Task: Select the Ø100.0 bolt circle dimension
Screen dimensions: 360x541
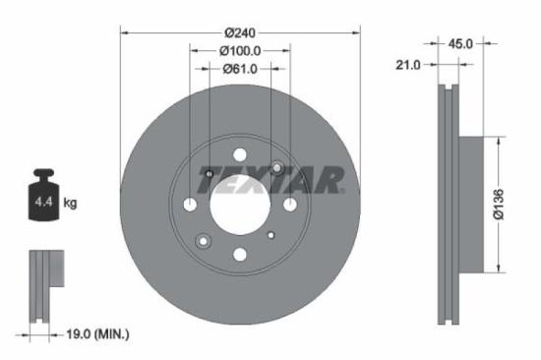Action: click(x=240, y=49)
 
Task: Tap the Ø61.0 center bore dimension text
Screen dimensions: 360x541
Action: click(x=240, y=68)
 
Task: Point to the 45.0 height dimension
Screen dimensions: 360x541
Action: click(x=461, y=43)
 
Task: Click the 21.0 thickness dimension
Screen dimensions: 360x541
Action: click(x=408, y=64)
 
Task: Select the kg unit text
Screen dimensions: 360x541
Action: click(x=70, y=203)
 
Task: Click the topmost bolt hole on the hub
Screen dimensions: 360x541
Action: click(x=240, y=155)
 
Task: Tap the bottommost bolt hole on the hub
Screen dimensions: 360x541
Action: click(x=240, y=255)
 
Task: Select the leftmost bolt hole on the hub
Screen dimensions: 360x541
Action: click(x=191, y=205)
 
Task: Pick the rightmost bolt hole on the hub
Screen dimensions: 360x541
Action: click(x=290, y=205)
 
